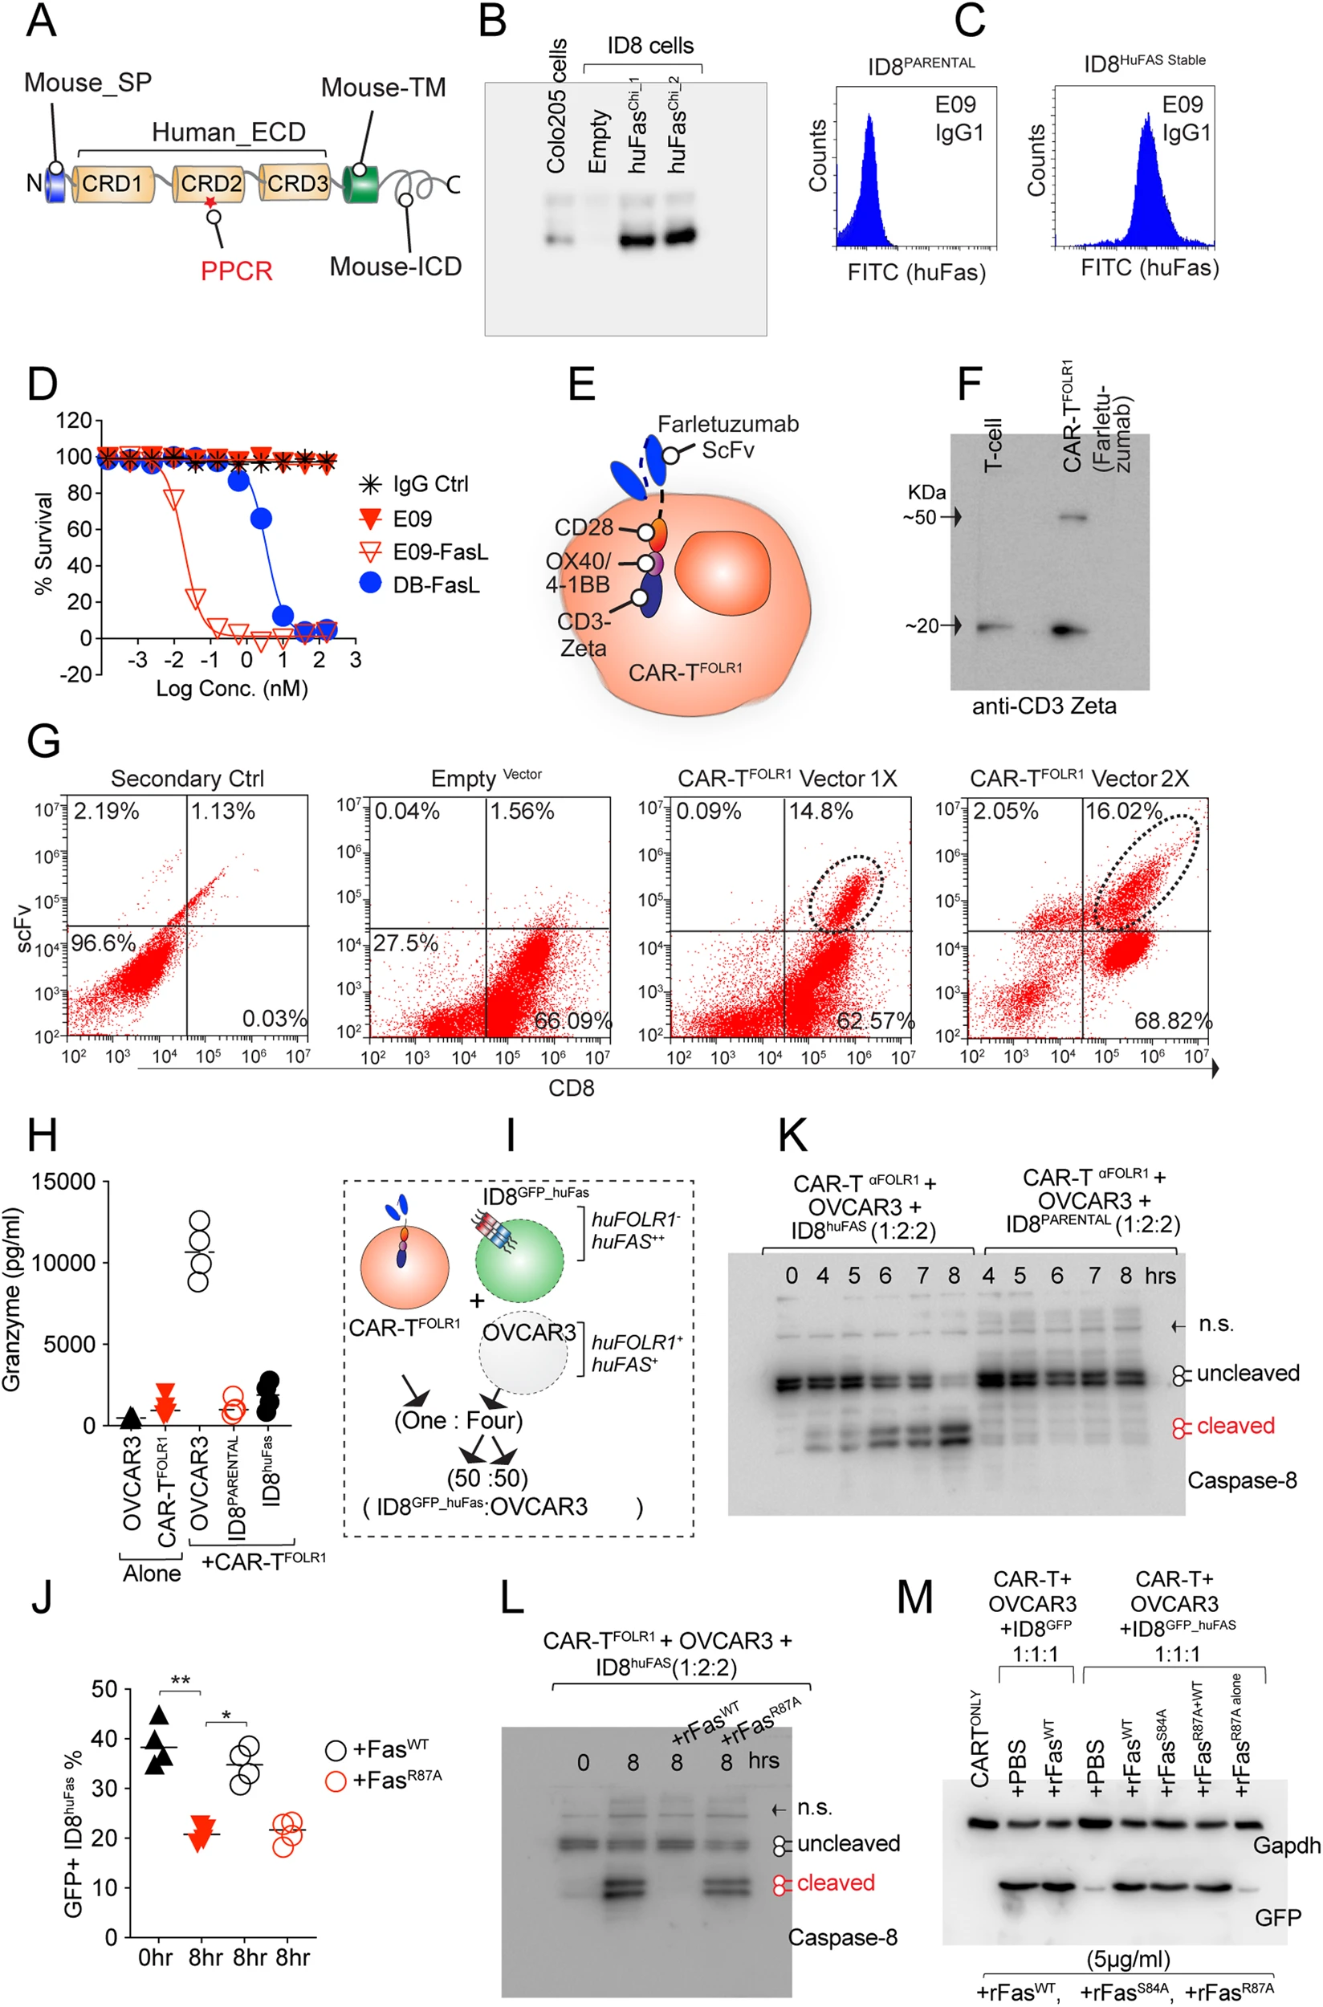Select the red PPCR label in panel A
point(236,271)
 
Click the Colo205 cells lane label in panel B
point(556,106)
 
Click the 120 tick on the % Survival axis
point(74,421)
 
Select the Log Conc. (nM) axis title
point(231,689)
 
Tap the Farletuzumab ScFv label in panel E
point(727,436)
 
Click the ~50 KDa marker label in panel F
point(921,517)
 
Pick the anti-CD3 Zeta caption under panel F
point(1044,706)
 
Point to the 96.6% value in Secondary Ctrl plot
point(103,942)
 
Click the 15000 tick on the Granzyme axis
point(64,1182)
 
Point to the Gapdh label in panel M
point(1286,1845)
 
